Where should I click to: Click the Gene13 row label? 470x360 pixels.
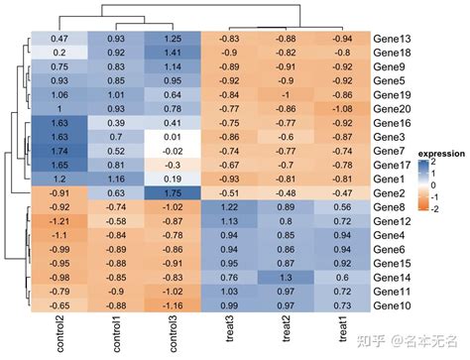(x=393, y=38)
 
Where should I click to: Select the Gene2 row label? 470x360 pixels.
(x=390, y=193)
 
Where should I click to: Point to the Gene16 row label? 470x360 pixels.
(x=393, y=122)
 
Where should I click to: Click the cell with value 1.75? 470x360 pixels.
(x=172, y=193)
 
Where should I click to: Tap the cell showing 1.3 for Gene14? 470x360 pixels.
(x=286, y=279)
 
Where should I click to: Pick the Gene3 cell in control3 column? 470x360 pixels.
(x=172, y=136)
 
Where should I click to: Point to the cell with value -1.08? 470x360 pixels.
(x=342, y=108)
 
